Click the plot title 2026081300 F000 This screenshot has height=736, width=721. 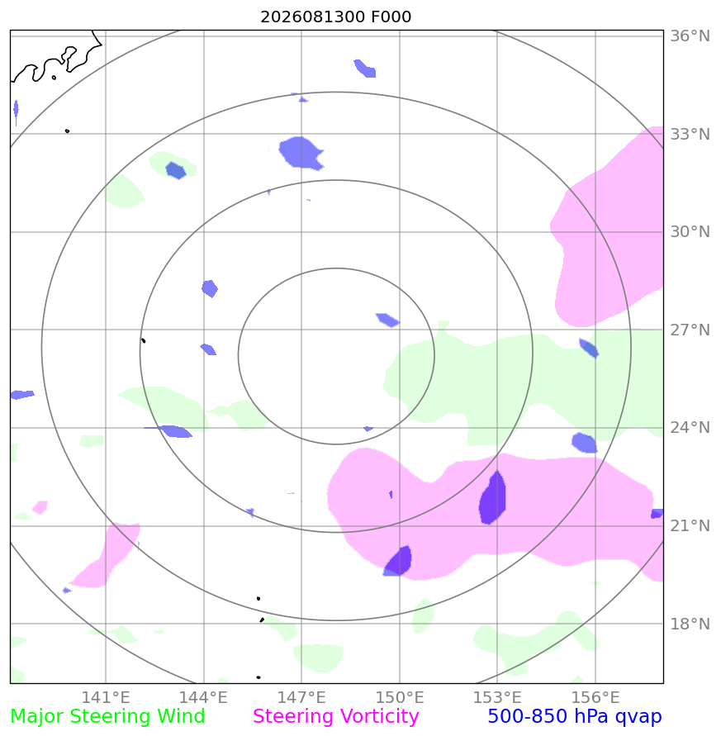coord(335,17)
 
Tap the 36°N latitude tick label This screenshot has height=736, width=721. coord(690,36)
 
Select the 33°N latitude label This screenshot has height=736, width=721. coord(690,135)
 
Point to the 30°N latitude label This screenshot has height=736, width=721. coord(690,232)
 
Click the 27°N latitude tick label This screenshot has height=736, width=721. coord(690,330)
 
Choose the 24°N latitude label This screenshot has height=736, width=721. coord(690,428)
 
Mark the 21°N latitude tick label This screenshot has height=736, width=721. coord(690,525)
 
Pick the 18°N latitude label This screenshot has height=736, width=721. coord(690,624)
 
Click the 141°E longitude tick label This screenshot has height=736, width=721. coord(106,697)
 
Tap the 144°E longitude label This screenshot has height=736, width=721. coord(203,697)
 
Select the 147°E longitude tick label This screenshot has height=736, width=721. coord(301,697)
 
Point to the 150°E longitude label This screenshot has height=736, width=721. coord(400,697)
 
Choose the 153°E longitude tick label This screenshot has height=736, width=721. coord(497,697)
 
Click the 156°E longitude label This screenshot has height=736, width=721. coord(595,697)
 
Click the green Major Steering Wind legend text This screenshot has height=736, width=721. coord(107,717)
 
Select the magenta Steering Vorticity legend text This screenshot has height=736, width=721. coord(335,717)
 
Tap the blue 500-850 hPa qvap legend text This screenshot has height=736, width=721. coord(575,717)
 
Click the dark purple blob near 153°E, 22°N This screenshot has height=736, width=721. coord(492,498)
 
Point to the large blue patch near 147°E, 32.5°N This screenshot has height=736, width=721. coord(301,153)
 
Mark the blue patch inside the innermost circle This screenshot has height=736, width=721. coord(387,321)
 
